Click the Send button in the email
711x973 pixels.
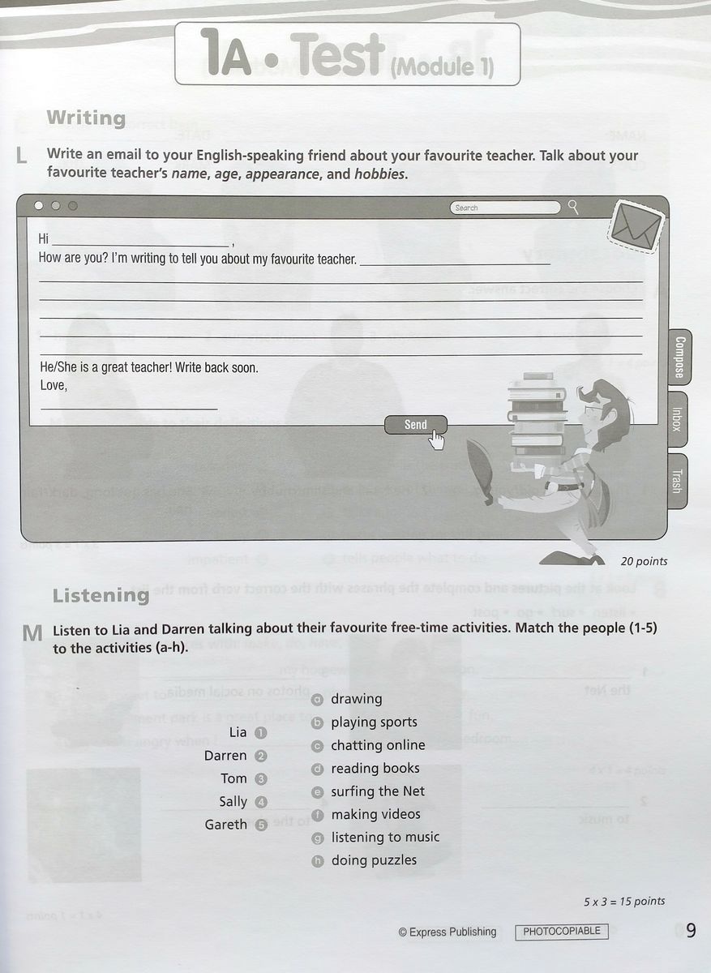[415, 425]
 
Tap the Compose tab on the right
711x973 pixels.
[679, 357]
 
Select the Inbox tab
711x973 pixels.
[677, 418]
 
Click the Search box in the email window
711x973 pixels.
[505, 208]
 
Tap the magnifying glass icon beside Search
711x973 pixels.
[574, 208]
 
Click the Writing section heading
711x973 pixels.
[86, 118]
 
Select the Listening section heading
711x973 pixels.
[101, 595]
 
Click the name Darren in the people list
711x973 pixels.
[225, 756]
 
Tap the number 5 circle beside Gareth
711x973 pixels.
[261, 825]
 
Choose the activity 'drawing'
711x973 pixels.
[356, 699]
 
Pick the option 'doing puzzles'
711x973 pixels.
[374, 860]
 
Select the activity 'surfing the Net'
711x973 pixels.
[377, 791]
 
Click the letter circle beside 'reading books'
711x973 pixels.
[318, 769]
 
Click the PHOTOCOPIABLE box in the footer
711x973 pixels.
[562, 931]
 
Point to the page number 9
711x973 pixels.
[690, 931]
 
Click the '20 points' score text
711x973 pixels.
[644, 561]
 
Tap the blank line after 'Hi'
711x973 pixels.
[140, 241]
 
